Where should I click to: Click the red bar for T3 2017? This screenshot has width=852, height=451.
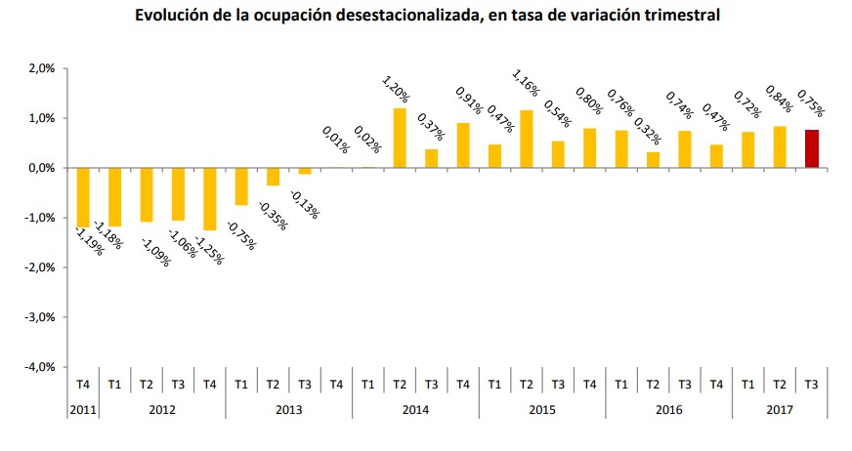pyautogui.click(x=811, y=148)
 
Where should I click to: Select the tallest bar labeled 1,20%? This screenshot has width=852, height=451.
pyautogui.click(x=400, y=138)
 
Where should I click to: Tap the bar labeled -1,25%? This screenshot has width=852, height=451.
pyautogui.click(x=210, y=198)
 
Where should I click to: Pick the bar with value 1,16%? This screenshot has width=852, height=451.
pyautogui.click(x=526, y=139)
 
